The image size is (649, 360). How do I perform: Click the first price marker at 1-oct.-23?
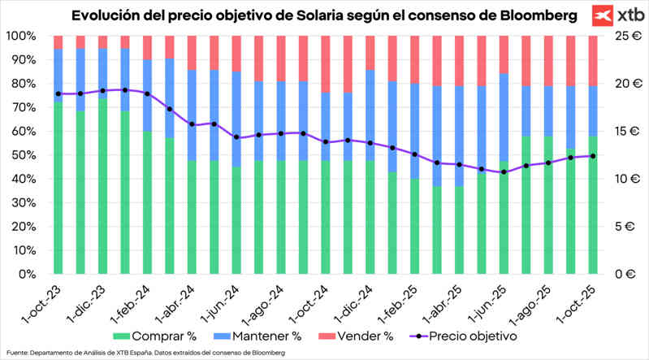pyautogui.click(x=58, y=93)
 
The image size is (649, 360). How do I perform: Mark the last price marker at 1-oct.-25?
pyautogui.click(x=593, y=156)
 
